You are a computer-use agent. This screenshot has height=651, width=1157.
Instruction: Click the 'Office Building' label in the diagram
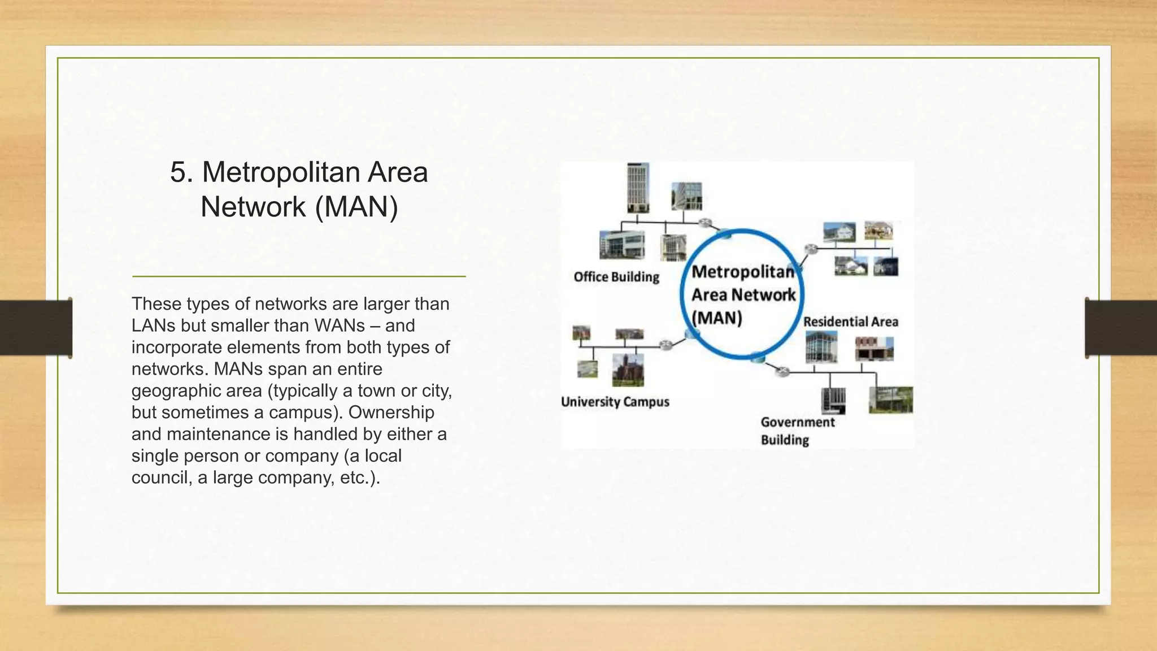click(x=616, y=277)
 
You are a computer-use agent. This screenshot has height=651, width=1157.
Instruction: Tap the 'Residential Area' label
click(x=850, y=322)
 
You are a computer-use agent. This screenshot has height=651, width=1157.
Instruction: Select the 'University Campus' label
click(x=615, y=402)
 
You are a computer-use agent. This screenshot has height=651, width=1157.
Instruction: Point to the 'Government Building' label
click(x=797, y=431)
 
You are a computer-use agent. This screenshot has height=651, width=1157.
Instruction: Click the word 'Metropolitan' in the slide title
click(x=281, y=172)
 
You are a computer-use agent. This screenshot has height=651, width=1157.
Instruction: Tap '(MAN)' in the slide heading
click(x=356, y=206)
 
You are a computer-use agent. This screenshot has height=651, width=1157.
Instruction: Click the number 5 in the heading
click(x=178, y=172)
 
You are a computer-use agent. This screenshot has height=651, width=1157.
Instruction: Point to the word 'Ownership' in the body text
click(x=391, y=412)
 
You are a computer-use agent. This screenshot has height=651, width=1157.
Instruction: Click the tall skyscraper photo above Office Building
click(x=638, y=188)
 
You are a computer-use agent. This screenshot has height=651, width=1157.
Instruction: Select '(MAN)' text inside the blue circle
click(x=717, y=318)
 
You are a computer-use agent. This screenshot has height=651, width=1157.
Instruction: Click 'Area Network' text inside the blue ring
click(x=743, y=295)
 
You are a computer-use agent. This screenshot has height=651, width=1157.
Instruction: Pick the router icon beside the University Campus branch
click(x=666, y=345)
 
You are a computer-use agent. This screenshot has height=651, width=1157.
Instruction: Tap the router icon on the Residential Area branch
click(x=811, y=249)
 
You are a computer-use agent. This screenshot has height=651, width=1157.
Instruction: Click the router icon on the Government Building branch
click(x=782, y=371)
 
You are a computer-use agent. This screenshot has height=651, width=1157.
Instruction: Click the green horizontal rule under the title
click(x=299, y=276)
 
